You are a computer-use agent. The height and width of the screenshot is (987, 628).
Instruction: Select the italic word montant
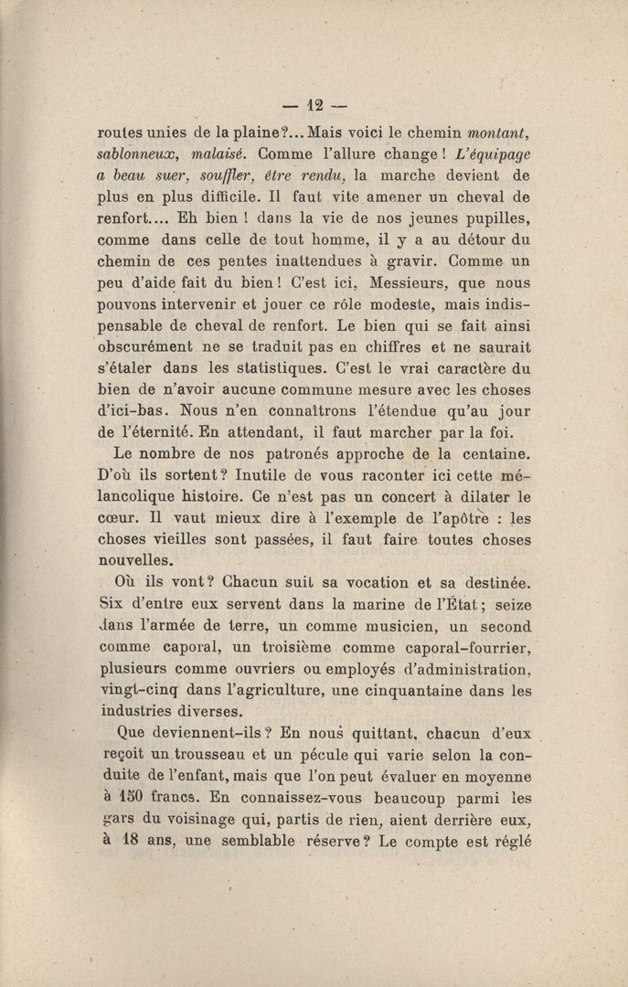(x=495, y=131)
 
